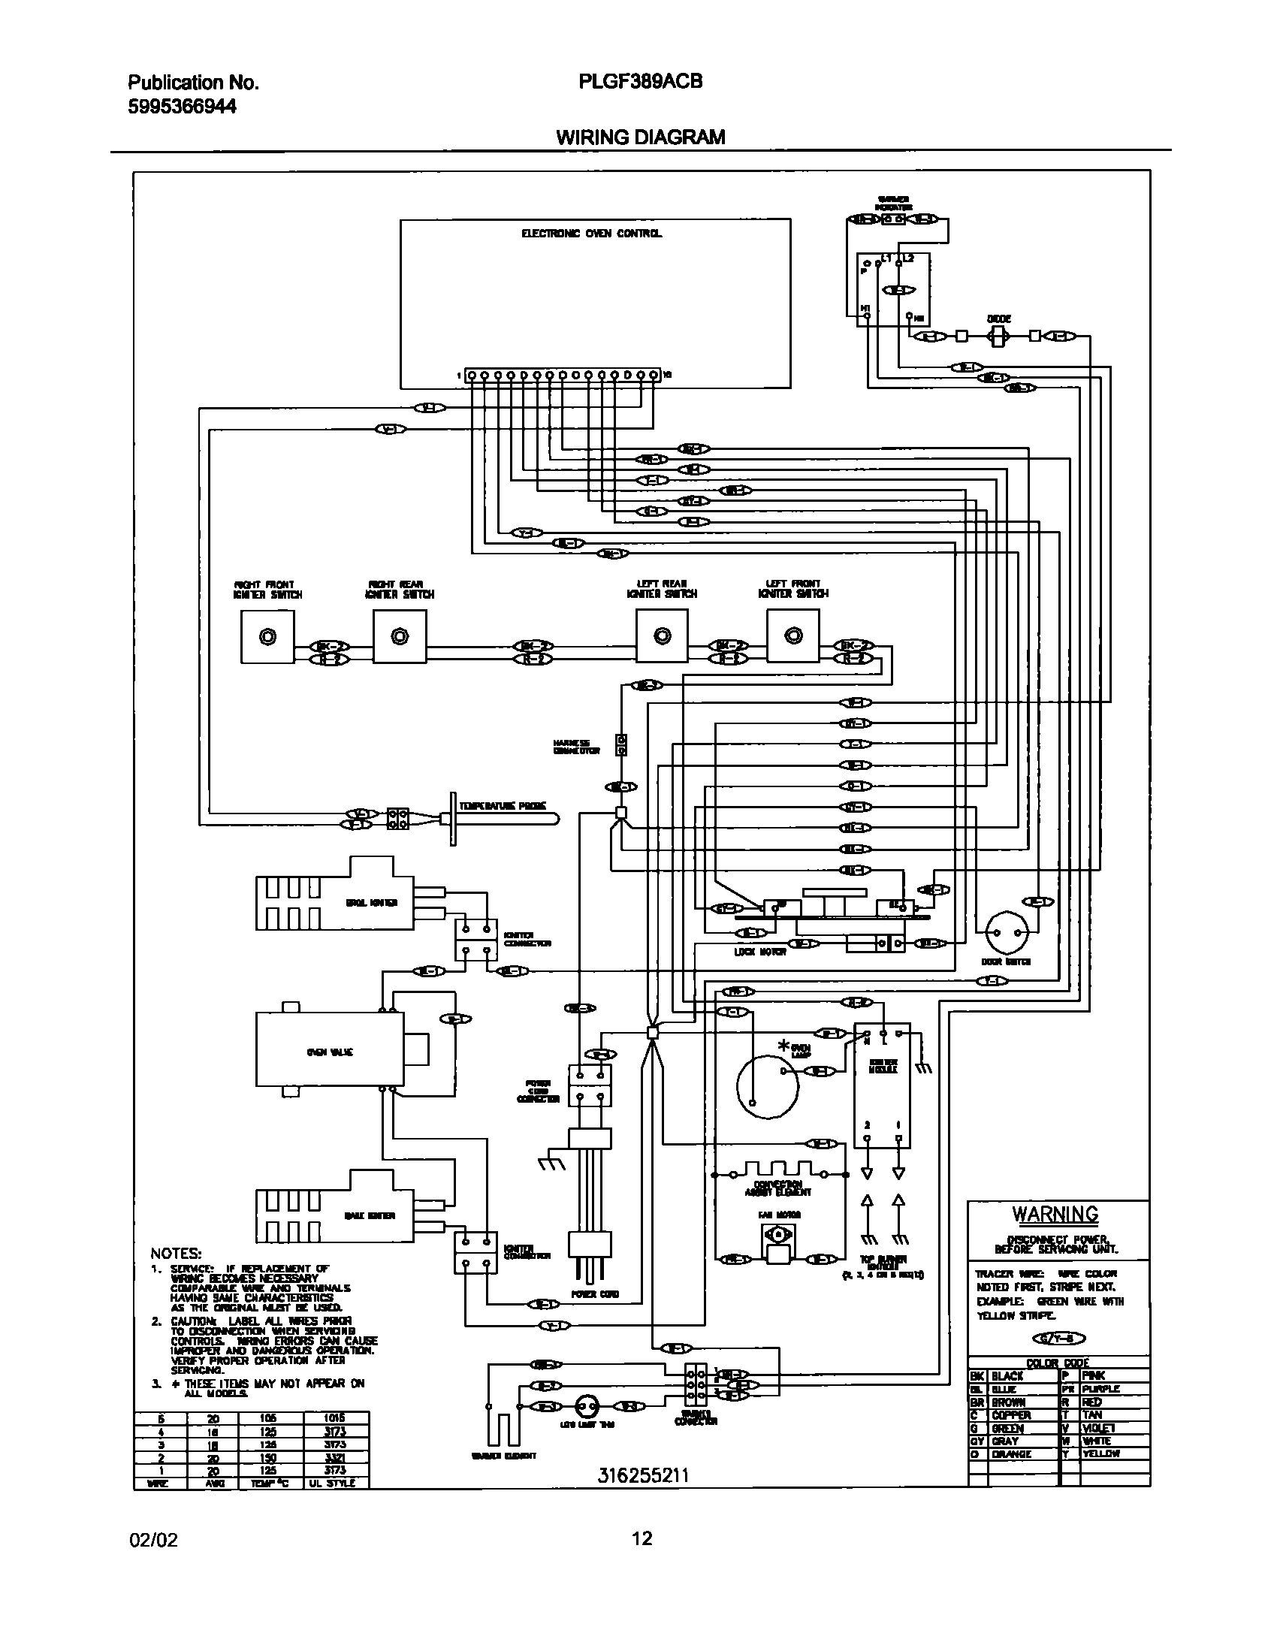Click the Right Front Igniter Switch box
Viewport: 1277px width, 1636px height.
click(x=267, y=636)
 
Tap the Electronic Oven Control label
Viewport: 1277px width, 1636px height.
click(x=591, y=234)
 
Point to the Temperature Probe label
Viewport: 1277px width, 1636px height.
click(x=503, y=806)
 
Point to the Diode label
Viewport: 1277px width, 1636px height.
click(x=998, y=318)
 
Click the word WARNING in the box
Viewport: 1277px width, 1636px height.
click(x=1055, y=1215)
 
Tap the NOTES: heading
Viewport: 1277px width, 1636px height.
click(x=177, y=1254)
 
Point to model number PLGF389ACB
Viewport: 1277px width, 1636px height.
click(x=641, y=82)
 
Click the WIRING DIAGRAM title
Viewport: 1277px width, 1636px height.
click(x=640, y=137)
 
